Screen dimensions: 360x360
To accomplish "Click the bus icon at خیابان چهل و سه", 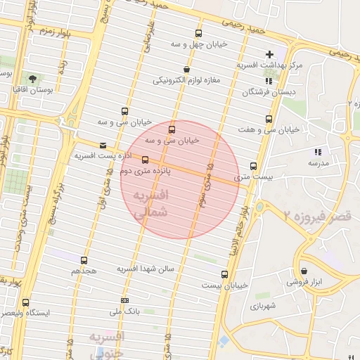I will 198,33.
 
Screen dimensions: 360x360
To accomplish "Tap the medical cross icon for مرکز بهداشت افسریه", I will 269,54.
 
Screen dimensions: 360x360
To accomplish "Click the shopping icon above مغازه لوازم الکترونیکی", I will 186,69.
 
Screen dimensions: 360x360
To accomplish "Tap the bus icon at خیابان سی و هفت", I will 268,119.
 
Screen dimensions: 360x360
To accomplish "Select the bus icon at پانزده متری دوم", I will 146,160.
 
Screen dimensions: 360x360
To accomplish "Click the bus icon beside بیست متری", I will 253,167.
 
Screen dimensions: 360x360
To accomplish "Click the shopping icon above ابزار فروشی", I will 304,271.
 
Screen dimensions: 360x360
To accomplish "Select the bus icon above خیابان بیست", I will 224,274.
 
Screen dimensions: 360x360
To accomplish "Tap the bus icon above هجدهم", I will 84,260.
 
